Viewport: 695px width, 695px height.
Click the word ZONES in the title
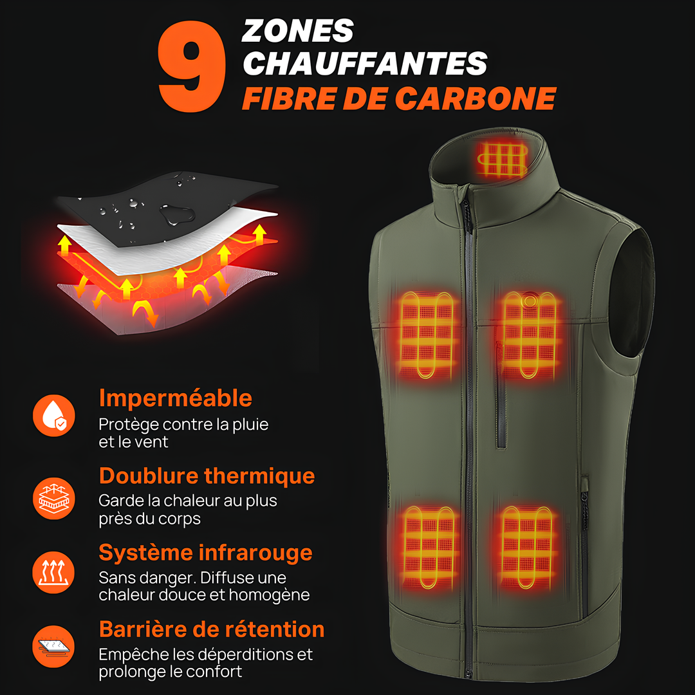[x=298, y=31]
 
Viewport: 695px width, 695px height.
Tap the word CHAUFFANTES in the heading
[x=365, y=63]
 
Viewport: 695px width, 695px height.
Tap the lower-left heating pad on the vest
[x=429, y=547]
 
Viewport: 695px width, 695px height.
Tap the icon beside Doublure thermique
[x=54, y=497]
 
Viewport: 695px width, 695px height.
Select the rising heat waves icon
[x=54, y=572]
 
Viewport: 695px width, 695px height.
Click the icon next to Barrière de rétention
[x=54, y=646]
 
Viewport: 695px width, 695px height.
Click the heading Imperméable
[x=175, y=398]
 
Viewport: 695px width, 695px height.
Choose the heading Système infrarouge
[x=205, y=552]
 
